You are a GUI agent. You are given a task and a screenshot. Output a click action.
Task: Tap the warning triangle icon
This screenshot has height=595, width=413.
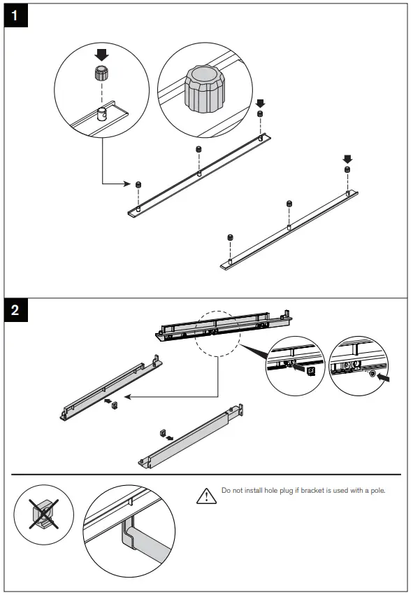click(205, 496)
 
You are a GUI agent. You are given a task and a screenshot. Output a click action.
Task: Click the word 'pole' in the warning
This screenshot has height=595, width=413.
click(377, 490)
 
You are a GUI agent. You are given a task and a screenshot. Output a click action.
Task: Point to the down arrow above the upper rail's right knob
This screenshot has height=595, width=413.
click(261, 104)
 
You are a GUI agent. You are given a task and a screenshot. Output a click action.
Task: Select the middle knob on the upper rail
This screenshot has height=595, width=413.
click(198, 150)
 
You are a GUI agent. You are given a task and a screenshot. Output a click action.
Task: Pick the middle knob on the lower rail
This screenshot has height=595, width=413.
click(289, 204)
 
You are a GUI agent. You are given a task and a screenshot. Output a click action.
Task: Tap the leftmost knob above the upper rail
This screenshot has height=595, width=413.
click(138, 184)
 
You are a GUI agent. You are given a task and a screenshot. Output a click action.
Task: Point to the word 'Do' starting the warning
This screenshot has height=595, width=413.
click(226, 490)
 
